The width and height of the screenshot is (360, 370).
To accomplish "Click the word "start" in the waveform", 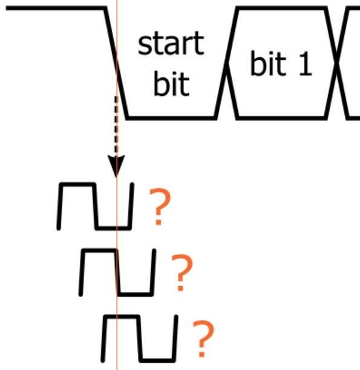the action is [171, 44].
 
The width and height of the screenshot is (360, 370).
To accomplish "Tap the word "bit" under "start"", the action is [171, 83].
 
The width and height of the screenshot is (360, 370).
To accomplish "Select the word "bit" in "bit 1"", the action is [267, 63].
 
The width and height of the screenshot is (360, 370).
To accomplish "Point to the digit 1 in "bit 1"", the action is [306, 64].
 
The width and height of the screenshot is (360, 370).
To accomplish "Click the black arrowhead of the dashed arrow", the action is [116, 166].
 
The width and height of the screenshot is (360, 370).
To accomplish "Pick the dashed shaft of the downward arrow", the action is [116, 126].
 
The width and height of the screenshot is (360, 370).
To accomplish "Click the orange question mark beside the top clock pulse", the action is [160, 206].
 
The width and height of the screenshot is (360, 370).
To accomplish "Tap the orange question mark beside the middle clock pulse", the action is [182, 272].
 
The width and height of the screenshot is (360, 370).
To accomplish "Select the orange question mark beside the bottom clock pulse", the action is [204, 339].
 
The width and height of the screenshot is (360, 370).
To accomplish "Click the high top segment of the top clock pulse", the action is [77, 184].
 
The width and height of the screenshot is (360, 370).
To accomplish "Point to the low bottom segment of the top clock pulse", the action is [113, 228].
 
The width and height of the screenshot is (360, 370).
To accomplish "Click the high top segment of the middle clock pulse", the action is [99, 250].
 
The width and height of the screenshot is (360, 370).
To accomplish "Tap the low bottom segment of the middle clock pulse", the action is [135, 294].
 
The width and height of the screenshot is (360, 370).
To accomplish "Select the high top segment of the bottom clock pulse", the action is [121, 316].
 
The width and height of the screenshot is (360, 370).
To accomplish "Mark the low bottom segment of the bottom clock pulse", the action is [157, 360].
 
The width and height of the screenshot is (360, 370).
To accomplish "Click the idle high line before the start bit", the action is [56, 8].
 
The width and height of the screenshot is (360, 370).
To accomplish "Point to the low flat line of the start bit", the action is [171, 118].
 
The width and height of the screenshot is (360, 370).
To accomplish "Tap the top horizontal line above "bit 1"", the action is [282, 8].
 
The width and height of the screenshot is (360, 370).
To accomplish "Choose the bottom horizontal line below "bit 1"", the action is [282, 118].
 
